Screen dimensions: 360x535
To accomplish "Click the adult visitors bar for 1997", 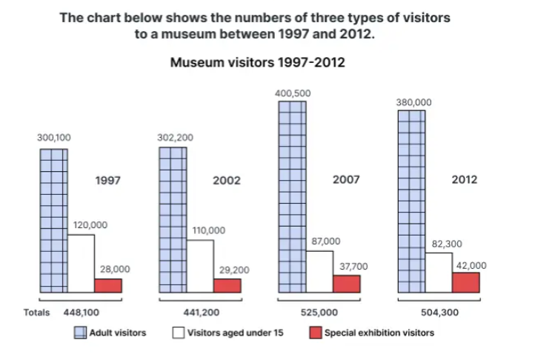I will (x=53, y=220).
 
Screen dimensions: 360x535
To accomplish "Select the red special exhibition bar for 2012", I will (x=465, y=282).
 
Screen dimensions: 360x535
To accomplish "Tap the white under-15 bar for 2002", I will (x=199, y=266).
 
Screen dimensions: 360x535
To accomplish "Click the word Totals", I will (x=36, y=313).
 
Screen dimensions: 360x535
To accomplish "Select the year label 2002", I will (x=227, y=180).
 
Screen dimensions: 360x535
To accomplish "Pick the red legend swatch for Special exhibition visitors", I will (x=313, y=333).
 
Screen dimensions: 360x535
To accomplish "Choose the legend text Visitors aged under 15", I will (x=236, y=333).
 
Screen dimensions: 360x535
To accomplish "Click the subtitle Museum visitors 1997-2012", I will (x=257, y=64).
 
